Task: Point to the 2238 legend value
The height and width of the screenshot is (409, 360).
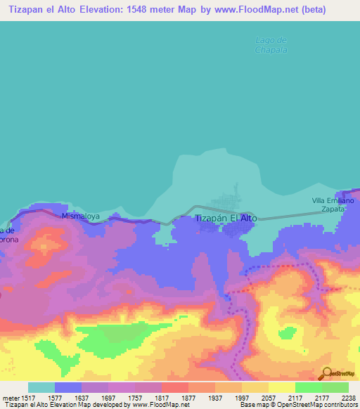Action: click(x=349, y=398)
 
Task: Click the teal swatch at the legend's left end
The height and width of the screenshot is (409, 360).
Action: click(x=41, y=387)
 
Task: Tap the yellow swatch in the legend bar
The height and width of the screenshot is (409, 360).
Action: click(x=281, y=387)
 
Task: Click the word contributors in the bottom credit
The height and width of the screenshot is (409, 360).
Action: click(x=340, y=405)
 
